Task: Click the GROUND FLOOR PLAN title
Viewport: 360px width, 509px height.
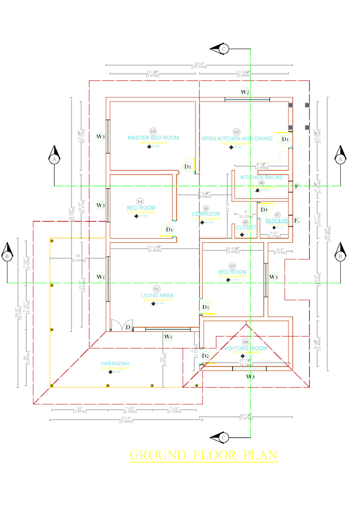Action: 203,455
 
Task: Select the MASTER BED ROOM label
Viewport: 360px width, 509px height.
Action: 153,138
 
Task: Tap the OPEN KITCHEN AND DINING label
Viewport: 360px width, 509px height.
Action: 237,139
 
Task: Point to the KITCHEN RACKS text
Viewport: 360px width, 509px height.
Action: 262,177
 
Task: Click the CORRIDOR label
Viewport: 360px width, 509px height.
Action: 206,214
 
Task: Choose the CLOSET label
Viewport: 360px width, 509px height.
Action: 246,228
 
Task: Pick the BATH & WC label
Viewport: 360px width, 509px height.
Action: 277,220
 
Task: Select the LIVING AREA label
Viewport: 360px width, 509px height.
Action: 157,295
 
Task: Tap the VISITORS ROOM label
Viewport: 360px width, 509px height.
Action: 245,349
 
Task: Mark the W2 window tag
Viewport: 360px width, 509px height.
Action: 245,92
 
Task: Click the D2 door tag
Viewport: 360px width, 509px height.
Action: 205,356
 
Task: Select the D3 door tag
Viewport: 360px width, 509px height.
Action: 264,210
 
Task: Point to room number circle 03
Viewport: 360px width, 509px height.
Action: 153,131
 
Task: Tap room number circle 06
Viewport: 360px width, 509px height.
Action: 245,342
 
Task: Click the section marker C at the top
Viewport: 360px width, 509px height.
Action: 223,49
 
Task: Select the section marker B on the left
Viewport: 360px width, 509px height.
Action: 7,257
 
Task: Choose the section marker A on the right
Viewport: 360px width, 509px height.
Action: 341,158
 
